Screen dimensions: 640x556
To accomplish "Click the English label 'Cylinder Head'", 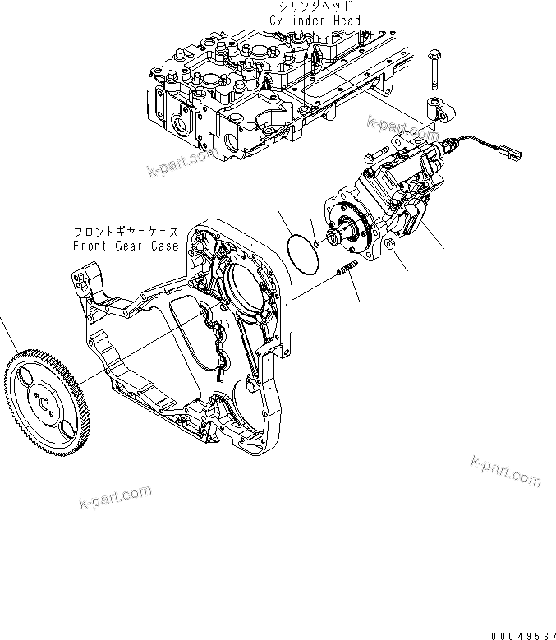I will (315, 20).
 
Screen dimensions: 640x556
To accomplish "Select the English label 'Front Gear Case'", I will (126, 246).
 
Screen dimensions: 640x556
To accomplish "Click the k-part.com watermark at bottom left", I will (116, 496).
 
